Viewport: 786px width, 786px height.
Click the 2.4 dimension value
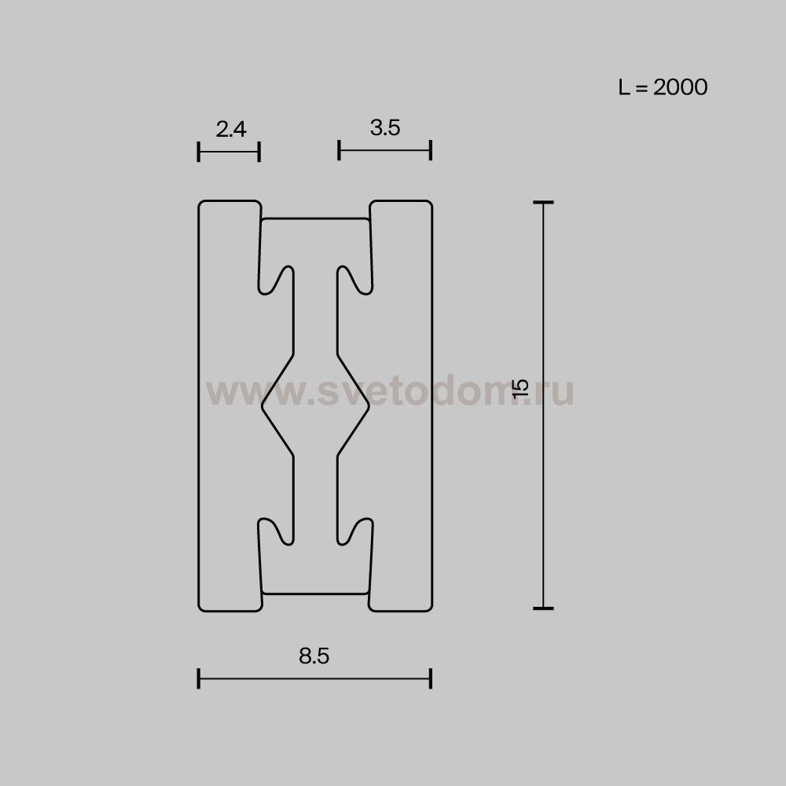[x=231, y=130]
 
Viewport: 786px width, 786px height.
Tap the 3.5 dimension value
[x=385, y=128]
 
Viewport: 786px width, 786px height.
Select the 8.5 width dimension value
[x=314, y=656]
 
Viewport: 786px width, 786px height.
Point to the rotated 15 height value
[x=521, y=388]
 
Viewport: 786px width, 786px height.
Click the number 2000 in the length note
[x=680, y=86]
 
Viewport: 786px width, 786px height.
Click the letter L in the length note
[x=623, y=86]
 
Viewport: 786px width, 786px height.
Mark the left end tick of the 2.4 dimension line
[x=199, y=152]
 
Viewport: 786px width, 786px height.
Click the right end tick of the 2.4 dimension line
[x=259, y=152]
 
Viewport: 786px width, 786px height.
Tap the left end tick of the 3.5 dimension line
[x=340, y=150]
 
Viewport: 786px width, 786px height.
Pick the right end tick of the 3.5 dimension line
[x=431, y=150]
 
